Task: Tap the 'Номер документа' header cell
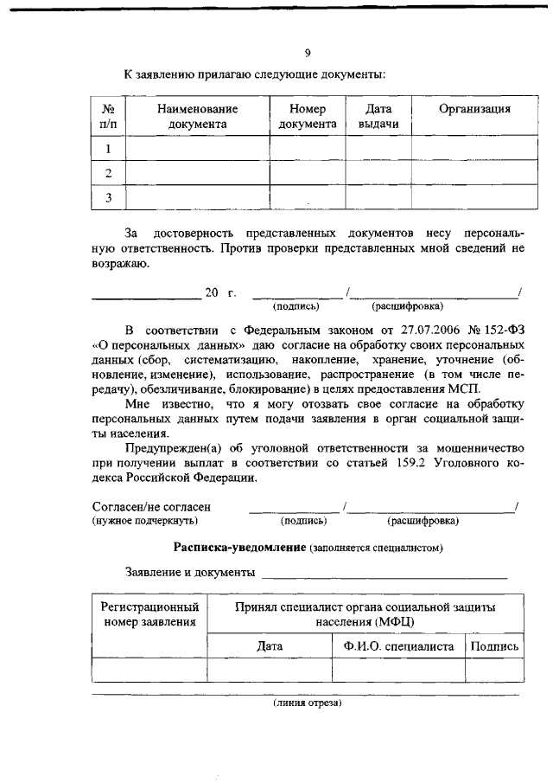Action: click(x=308, y=116)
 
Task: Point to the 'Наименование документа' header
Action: click(x=198, y=116)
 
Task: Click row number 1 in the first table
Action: click(x=109, y=149)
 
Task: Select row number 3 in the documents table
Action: click(x=109, y=198)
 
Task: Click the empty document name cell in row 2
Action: click(x=198, y=173)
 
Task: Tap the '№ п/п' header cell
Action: click(x=109, y=116)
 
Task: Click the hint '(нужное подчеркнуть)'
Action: click(x=145, y=521)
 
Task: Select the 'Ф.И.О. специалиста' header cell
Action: click(x=397, y=645)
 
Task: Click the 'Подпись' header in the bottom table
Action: click(x=494, y=645)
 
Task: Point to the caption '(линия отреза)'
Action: click(x=308, y=703)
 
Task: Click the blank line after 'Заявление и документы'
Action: click(x=385, y=573)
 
